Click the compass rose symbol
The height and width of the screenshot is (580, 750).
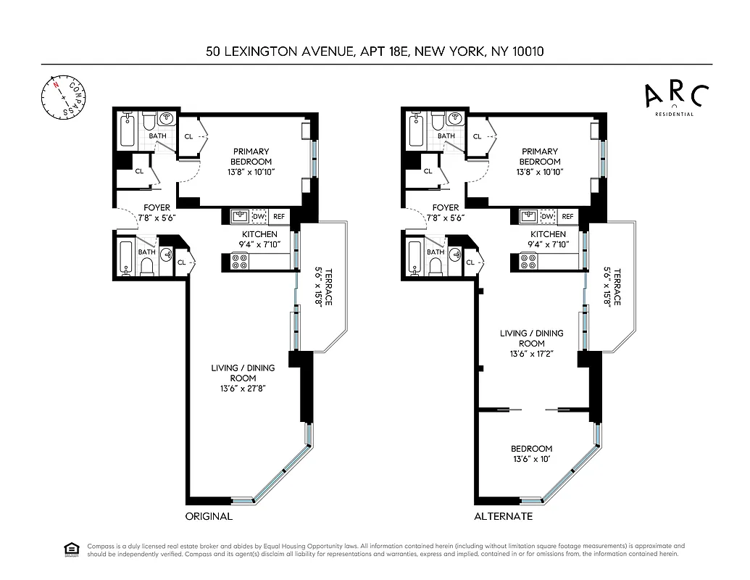[63, 96]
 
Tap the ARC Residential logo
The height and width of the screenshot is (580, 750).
[676, 99]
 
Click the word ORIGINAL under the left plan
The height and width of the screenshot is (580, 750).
[208, 517]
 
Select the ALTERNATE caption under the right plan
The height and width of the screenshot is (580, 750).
[503, 517]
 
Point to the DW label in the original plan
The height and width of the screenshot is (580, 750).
[259, 216]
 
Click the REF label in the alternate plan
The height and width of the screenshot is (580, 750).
[567, 216]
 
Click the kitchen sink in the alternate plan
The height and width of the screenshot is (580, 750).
[528, 216]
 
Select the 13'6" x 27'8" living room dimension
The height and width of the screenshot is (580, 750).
[243, 389]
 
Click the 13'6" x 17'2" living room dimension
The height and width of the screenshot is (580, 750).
[531, 355]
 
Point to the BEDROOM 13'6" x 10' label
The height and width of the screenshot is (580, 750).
[531, 455]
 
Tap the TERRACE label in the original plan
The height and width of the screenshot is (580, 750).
[328, 288]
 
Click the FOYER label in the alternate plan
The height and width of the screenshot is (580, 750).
[446, 207]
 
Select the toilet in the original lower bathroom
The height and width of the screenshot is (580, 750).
[146, 267]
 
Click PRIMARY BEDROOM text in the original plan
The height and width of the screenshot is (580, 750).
[251, 156]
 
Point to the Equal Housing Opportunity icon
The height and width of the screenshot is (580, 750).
[72, 550]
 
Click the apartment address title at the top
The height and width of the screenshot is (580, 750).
[375, 51]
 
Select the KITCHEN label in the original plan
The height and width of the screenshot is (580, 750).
[259, 234]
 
